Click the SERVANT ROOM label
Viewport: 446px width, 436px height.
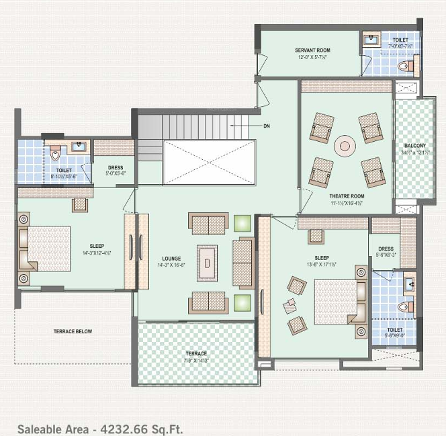tap(312, 50)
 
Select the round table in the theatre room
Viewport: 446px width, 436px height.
tap(345, 145)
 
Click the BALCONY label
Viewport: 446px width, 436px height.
tap(414, 145)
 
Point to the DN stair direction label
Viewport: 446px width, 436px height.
tap(267, 126)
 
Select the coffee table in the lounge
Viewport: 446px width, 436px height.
tap(207, 259)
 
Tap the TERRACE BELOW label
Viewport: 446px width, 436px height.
tap(73, 331)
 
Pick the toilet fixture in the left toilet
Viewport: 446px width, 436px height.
tap(55, 155)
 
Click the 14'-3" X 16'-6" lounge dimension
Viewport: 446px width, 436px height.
tap(172, 265)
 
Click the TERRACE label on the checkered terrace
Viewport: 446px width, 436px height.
tap(196, 353)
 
